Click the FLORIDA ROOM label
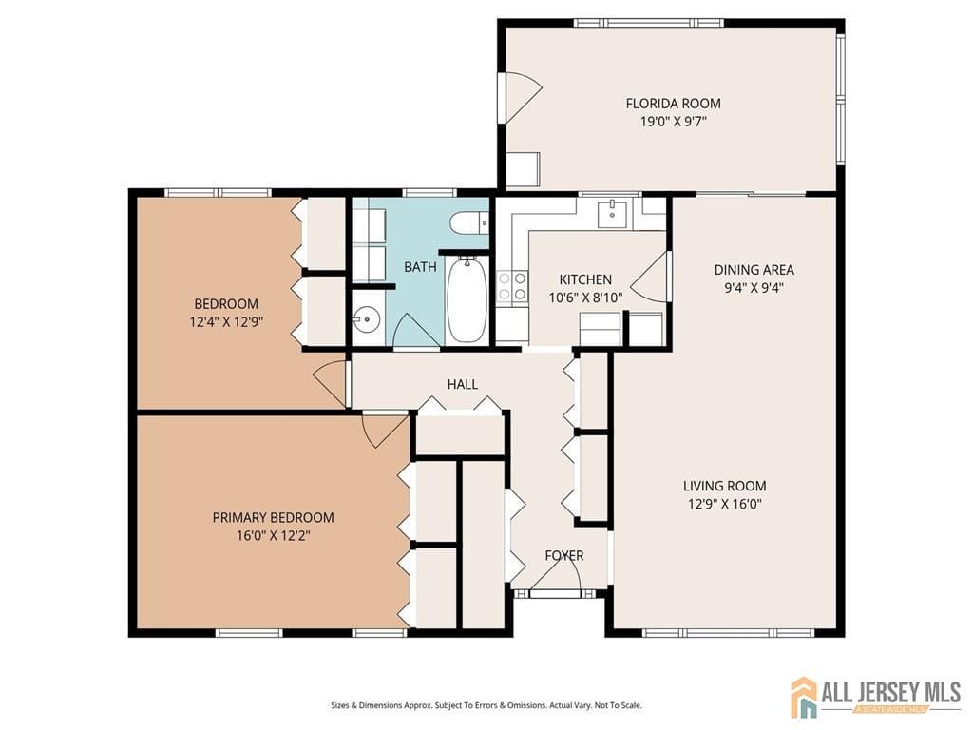click(673, 104)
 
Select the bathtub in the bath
click(466, 300)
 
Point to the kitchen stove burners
click(513, 285)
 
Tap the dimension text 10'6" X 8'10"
click(585, 297)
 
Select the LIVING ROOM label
click(724, 486)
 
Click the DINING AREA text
click(754, 270)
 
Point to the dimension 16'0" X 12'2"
click(273, 535)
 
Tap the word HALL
click(463, 384)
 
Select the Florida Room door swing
click(521, 96)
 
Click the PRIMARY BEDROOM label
click(273, 517)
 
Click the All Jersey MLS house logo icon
click(804, 697)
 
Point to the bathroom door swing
click(412, 331)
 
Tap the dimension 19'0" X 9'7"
click(673, 122)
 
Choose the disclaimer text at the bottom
click(486, 705)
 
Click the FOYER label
click(563, 555)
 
